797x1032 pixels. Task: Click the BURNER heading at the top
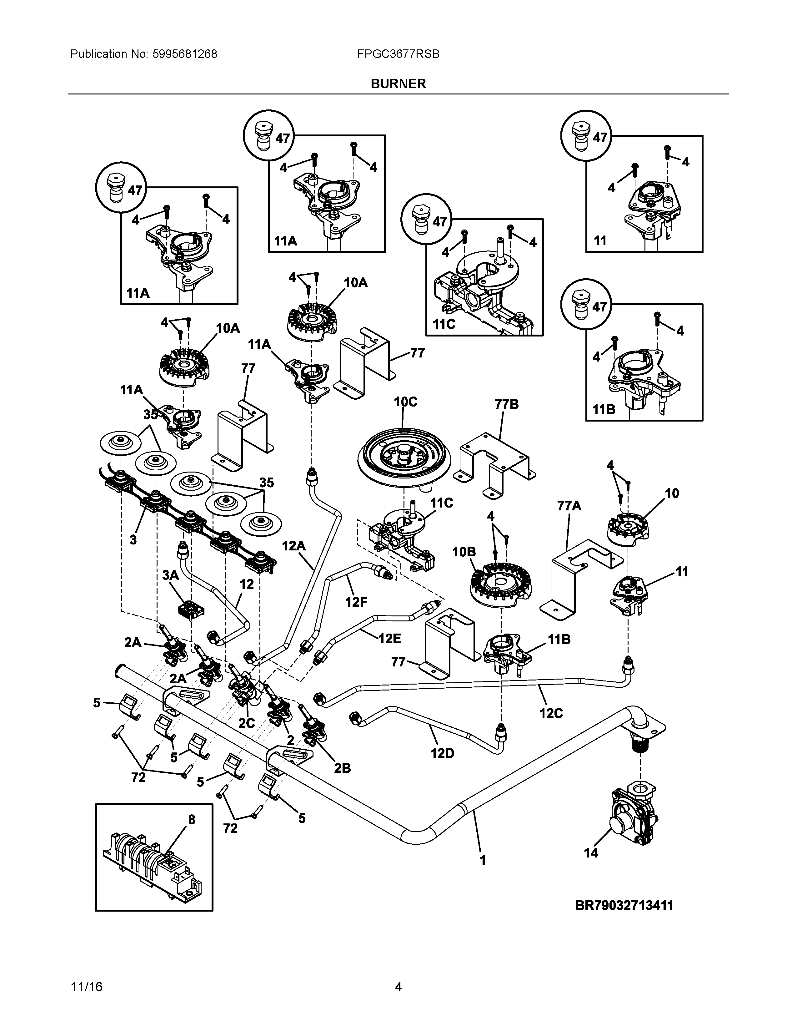click(398, 83)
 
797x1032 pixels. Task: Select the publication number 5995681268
click(185, 54)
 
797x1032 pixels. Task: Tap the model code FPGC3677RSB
click(398, 54)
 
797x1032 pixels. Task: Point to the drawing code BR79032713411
click(624, 905)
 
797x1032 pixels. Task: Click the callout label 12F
click(356, 601)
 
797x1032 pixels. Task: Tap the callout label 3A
click(170, 575)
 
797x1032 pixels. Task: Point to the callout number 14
click(590, 853)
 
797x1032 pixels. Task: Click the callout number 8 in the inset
click(191, 820)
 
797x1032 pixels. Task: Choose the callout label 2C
click(247, 723)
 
